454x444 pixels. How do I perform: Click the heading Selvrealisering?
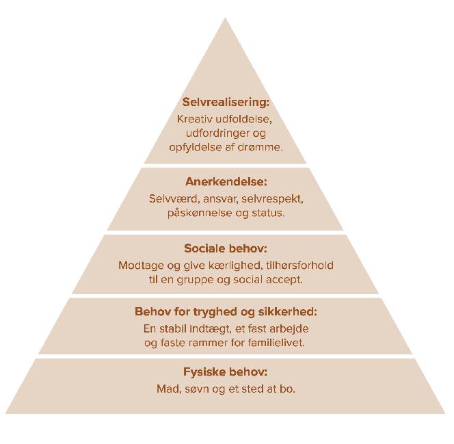(x=226, y=103)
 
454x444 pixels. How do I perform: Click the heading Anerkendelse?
(x=226, y=182)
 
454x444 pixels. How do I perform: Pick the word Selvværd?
(x=170, y=199)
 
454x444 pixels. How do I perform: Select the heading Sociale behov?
(x=226, y=249)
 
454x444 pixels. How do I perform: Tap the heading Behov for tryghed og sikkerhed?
(x=226, y=312)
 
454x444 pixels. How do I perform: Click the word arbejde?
(x=291, y=329)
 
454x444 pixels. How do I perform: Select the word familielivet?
(x=273, y=343)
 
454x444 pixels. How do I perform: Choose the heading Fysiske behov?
(x=226, y=372)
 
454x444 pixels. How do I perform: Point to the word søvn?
(x=194, y=389)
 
